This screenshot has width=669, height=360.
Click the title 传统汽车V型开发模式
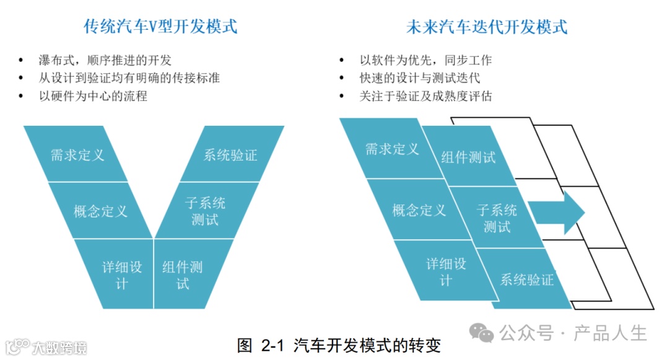161,27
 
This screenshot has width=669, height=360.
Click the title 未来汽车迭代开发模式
486,27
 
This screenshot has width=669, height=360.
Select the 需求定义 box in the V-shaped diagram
77,155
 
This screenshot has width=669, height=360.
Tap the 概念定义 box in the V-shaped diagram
100,211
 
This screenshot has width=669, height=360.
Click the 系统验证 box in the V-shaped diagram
230,155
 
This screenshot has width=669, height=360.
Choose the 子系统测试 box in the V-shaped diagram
205,211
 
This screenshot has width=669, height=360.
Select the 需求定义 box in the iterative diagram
392,149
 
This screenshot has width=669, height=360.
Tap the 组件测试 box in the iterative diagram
468,157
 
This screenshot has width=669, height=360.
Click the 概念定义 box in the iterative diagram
419,210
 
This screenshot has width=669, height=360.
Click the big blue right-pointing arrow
557,212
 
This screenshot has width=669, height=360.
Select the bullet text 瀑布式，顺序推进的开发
105,60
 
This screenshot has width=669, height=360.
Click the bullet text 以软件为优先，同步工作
426,60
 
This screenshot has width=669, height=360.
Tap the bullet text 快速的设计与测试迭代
419,78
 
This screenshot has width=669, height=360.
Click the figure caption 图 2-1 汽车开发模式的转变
339,345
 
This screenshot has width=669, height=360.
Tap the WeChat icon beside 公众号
481,333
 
